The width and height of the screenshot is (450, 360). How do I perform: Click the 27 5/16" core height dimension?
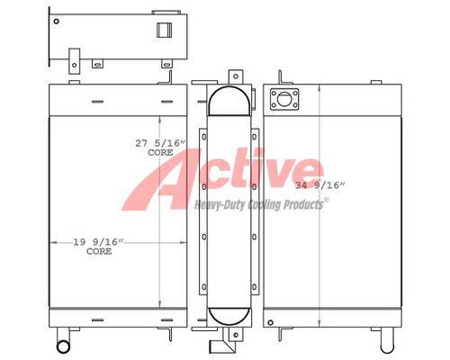click(159, 143)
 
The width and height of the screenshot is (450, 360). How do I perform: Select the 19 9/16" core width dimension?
click(98, 242)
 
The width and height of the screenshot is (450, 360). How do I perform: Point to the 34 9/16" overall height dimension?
click(319, 185)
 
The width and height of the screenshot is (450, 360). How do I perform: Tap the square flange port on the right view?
click(284, 99)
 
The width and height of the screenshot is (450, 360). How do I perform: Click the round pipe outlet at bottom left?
click(63, 346)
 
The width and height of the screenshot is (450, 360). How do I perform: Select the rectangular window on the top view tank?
click(165, 30)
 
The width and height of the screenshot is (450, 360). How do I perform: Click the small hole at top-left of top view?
click(56, 22)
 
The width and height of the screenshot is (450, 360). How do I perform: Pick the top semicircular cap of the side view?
click(229, 101)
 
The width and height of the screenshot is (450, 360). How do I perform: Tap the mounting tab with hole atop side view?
click(236, 76)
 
